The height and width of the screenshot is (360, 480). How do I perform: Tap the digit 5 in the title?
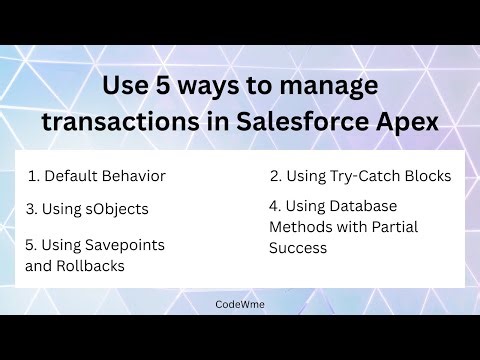(x=176, y=87)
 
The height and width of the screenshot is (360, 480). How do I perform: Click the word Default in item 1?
(x=70, y=176)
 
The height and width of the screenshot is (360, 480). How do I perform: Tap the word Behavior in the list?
(x=133, y=176)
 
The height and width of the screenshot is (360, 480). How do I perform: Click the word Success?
(x=298, y=247)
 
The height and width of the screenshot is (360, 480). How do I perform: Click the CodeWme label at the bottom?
(x=239, y=301)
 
